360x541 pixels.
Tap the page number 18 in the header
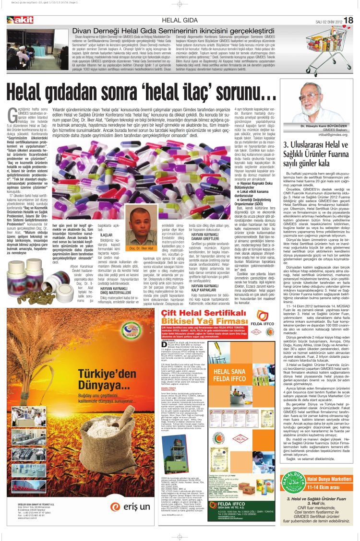pos(348,20)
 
